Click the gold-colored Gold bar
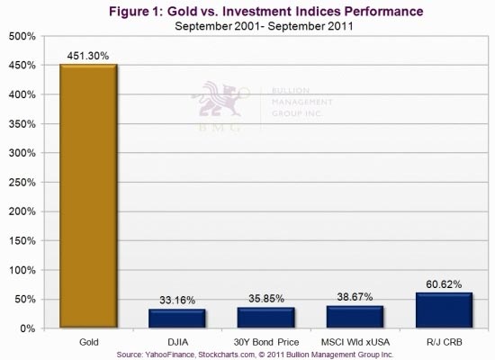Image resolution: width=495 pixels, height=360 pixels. click(x=88, y=196)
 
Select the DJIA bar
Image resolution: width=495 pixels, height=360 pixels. click(x=177, y=319)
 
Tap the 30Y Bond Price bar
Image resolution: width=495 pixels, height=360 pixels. click(x=266, y=318)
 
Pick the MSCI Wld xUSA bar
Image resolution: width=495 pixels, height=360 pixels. click(x=355, y=317)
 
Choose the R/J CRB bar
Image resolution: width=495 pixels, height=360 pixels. click(x=445, y=310)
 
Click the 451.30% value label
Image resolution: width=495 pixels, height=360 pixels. click(x=88, y=56)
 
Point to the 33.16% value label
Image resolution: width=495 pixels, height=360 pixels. click(x=177, y=300)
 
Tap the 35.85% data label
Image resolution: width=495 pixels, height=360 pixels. click(x=266, y=299)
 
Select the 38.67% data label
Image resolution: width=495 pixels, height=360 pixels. click(x=355, y=297)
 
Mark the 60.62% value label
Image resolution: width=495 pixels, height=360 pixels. click(x=444, y=284)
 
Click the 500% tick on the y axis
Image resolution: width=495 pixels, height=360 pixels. click(x=22, y=36)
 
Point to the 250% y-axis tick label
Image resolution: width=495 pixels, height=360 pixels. click(x=22, y=183)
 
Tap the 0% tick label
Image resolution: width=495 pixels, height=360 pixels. click(x=28, y=328)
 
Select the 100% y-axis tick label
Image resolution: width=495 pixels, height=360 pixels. click(x=22, y=270)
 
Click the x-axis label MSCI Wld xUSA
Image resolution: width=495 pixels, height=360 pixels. click(x=355, y=342)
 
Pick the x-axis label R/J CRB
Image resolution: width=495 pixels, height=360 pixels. click(x=445, y=342)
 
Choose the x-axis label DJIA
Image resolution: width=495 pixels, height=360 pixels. click(x=177, y=342)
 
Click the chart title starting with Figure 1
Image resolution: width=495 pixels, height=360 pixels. click(x=266, y=12)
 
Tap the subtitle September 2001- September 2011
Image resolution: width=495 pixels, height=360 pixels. click(x=264, y=26)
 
